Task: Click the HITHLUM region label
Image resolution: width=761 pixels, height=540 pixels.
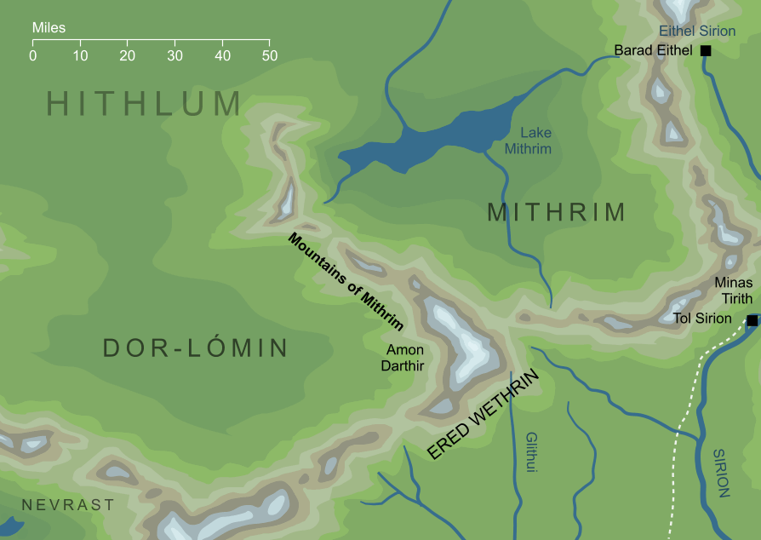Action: pos(144,104)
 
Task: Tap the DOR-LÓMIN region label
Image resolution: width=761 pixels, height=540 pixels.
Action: pos(195,348)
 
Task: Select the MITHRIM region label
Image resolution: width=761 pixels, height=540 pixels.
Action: pos(556,212)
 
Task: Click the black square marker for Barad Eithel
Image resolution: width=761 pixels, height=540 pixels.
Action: pos(705,51)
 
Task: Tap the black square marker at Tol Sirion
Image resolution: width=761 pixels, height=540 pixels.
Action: pos(752,320)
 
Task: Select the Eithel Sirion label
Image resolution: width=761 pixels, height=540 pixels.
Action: pos(697,32)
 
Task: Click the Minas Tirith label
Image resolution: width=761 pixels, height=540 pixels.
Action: pos(733,290)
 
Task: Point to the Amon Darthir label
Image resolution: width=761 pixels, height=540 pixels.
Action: pos(404,357)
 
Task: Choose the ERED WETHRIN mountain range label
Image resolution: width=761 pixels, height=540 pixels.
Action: pos(483,415)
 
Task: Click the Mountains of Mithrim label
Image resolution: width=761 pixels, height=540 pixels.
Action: pos(345,281)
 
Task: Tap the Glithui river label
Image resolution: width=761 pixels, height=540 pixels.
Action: pos(532,451)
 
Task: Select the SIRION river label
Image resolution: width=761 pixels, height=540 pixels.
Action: pos(722,473)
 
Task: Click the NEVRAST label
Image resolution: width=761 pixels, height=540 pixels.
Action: pos(68,505)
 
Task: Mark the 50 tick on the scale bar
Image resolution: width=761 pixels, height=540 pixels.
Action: pos(270,41)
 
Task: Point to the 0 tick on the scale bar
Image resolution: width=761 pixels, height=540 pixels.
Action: pos(32,41)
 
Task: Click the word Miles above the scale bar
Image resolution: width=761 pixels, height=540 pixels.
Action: pos(49,28)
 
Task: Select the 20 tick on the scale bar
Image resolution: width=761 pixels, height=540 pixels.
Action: pos(128,41)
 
